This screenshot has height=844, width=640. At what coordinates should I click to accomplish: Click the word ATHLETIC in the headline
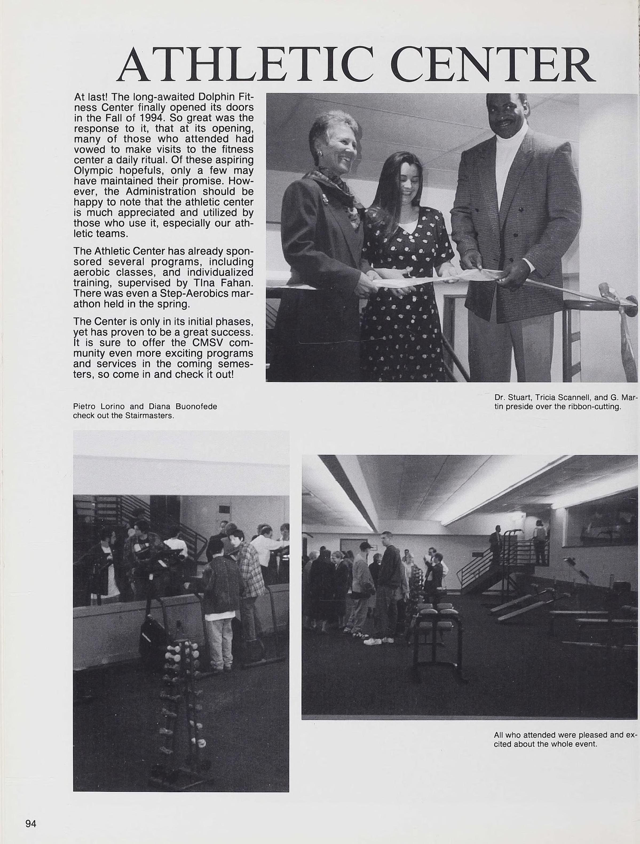click(x=244, y=66)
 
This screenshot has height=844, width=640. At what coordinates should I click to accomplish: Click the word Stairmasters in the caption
click(x=149, y=416)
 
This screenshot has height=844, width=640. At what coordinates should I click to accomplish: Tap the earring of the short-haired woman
click(x=321, y=154)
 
